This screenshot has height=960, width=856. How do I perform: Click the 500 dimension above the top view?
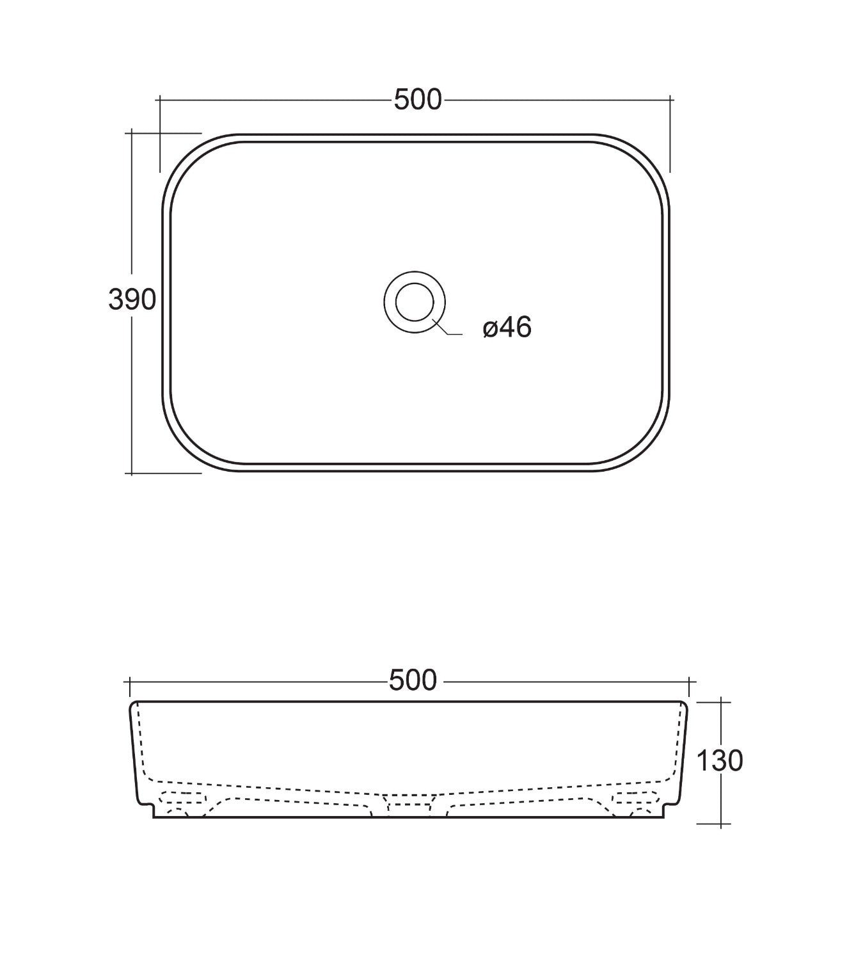coord(418,100)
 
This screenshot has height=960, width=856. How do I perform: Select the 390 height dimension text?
coord(132,300)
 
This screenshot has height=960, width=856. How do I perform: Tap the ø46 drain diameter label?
coord(507,327)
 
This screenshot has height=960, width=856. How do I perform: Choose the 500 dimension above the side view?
coord(413,681)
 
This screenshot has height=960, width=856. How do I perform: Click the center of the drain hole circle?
coord(415,302)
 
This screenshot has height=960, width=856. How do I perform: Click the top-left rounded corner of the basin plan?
coord(185,156)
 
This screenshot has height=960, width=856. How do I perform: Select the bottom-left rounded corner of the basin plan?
coord(185,449)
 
